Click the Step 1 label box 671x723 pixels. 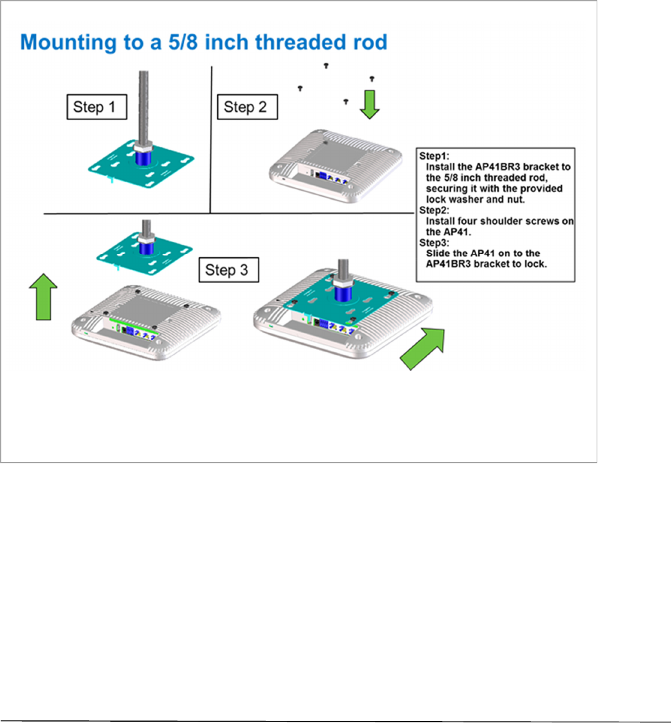95,107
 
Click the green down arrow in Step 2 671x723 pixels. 370,105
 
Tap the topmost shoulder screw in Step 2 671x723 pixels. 326,65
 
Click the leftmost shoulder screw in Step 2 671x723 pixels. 301,87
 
